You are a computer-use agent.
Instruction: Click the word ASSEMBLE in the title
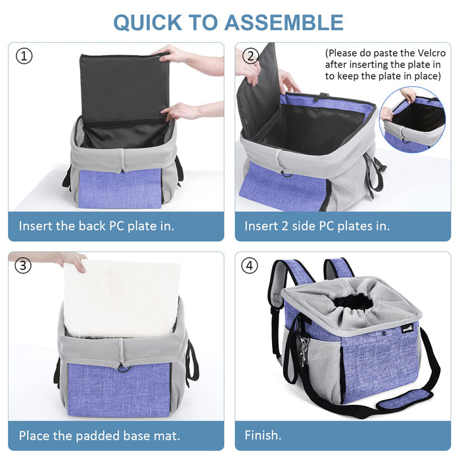pos(284,22)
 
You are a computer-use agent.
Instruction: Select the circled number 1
pos(24,56)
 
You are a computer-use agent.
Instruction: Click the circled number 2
pos(250,56)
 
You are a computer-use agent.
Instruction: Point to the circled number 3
pos(23,265)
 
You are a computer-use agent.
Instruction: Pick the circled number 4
pos(249,265)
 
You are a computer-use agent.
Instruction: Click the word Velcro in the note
pos(432,53)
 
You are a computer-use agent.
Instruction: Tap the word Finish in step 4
pos(261,435)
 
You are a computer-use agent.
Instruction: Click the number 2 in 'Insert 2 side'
pos(285,226)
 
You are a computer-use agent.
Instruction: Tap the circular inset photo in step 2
pos(413,120)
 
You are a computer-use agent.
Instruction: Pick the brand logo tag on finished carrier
pos(407,329)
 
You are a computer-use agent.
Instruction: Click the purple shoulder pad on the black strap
pos(404,400)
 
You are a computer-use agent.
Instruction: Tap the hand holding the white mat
pos(72,260)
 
